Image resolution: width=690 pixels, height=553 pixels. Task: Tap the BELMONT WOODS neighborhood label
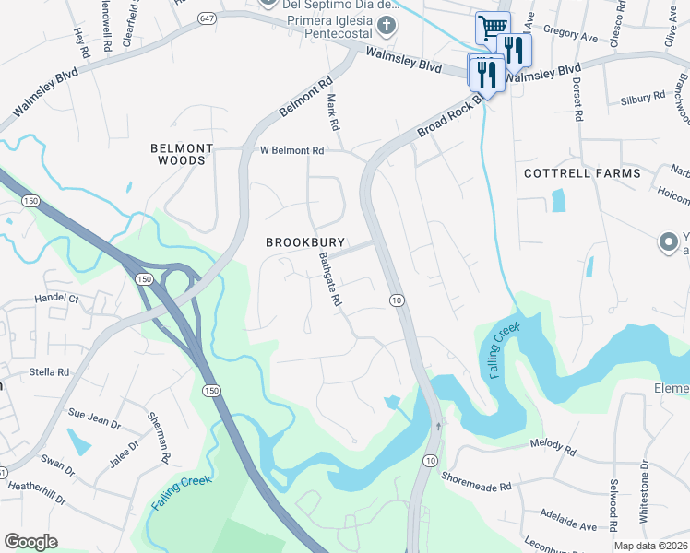pos(183,154)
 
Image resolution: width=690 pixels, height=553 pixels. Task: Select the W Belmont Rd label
pos(292,150)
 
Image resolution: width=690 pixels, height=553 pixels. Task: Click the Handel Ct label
pos(58,299)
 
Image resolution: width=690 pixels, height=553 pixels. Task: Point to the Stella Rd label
pos(50,372)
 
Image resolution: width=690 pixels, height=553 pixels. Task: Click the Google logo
pos(30,541)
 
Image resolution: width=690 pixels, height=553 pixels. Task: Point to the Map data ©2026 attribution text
pos(651,546)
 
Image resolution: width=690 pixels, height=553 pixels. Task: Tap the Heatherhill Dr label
pos(36,492)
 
